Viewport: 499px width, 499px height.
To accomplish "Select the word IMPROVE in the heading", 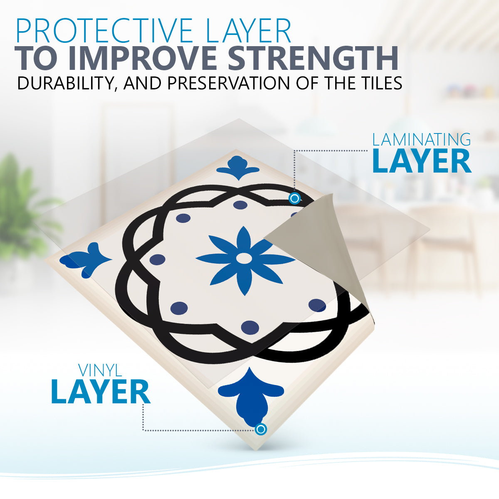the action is click(x=143, y=58).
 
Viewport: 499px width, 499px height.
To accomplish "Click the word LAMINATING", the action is click(x=421, y=140).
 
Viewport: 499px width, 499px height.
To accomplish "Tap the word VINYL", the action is click(x=100, y=371).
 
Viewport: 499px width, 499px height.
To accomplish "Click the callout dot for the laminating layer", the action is click(x=294, y=199).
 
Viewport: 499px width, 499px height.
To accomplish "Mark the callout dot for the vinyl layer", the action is click(x=261, y=429).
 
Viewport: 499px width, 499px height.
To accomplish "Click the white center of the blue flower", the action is click(x=244, y=258).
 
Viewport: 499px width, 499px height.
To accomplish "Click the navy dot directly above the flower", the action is click(x=240, y=205).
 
